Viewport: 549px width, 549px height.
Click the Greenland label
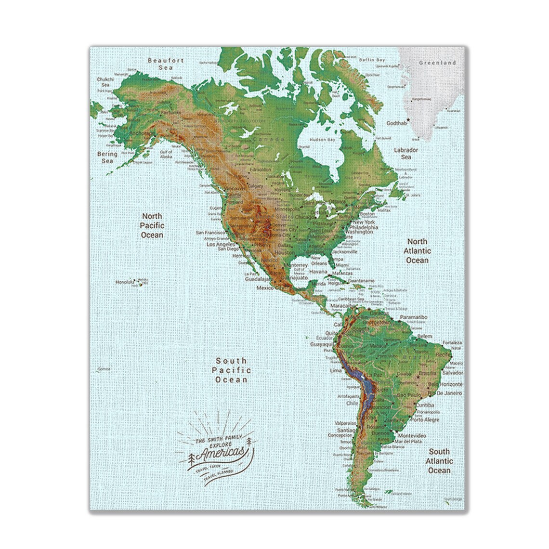coord(437,63)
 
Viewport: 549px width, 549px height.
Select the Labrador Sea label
coord(406,153)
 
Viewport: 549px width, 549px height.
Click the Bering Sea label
coord(107,157)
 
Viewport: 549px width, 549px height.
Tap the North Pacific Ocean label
coord(152,225)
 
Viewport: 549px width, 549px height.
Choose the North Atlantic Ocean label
coord(418,250)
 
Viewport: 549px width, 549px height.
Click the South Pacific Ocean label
coord(231,369)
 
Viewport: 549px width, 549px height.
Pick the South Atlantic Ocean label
coord(439,461)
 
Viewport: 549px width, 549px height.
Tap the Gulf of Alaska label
coord(166,154)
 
